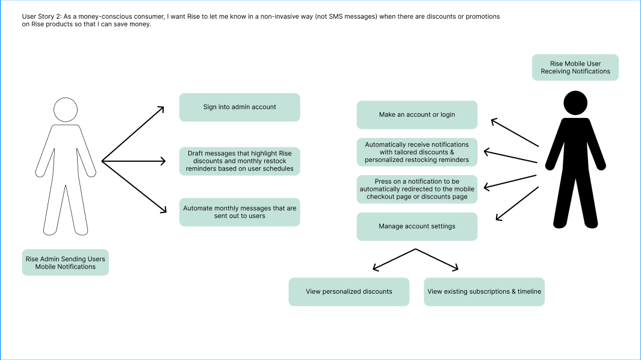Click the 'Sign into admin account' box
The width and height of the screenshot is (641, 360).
point(240,107)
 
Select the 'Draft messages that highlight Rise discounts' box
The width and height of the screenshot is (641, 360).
point(240,161)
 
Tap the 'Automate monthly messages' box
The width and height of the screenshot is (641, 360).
point(240,212)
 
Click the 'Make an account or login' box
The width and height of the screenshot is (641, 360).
point(416,114)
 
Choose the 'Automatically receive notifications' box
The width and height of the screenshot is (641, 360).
point(416,152)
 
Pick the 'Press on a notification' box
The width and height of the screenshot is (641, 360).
point(416,189)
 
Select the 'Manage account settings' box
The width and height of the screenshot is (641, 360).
point(416,226)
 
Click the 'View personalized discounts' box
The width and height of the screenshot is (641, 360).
point(348,291)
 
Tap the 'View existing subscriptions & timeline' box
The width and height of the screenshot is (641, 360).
point(484,291)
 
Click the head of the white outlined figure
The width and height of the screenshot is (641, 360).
point(66,110)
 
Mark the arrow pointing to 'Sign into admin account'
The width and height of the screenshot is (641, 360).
point(134,134)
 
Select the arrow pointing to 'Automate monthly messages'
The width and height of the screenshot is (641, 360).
point(134,187)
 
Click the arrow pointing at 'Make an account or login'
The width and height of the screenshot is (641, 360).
point(515,133)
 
